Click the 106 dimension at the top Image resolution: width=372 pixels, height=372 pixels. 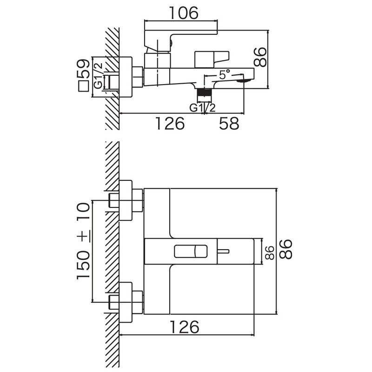click(184, 13)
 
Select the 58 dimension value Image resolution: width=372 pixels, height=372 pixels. click(229, 123)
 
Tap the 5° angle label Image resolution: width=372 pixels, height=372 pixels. click(225, 74)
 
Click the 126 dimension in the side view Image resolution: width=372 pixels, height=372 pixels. click(170, 123)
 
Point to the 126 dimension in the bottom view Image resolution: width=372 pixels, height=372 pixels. click(185, 327)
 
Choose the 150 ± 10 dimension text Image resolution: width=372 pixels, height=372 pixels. click(84, 241)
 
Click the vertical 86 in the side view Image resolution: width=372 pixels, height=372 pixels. click(260, 57)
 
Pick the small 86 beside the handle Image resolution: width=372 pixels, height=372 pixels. click(270, 252)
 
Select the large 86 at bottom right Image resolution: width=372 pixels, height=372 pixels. click(286, 249)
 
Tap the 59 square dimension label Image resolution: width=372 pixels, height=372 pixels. click(84, 68)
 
